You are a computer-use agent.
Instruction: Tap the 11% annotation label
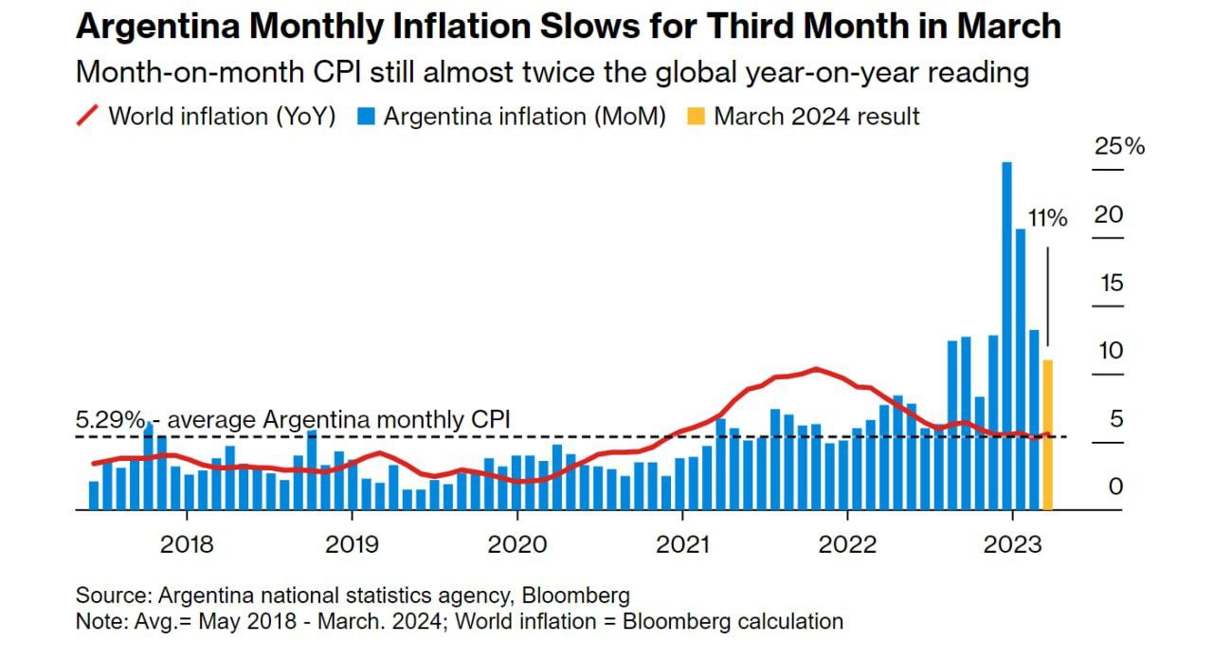click(x=1048, y=219)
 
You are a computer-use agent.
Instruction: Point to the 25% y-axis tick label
click(x=1119, y=147)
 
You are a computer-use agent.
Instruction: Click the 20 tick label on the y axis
click(x=1109, y=215)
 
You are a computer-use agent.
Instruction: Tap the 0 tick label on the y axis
click(x=1115, y=487)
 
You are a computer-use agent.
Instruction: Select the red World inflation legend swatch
click(x=87, y=117)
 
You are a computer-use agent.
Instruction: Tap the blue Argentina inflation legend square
click(x=368, y=117)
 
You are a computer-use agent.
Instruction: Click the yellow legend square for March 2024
click(x=697, y=117)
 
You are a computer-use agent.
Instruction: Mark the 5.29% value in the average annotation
click(x=110, y=420)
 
